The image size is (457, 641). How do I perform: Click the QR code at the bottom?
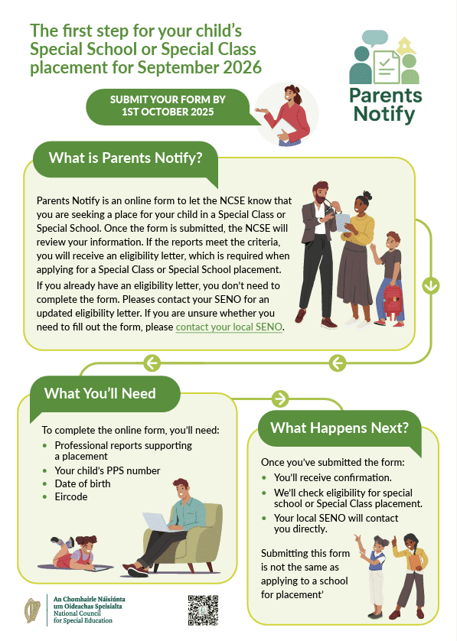click(203, 610)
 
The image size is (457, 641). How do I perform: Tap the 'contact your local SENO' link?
click(229, 327)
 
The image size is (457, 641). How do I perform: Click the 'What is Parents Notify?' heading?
click(126, 158)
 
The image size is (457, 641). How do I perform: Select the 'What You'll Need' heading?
click(100, 393)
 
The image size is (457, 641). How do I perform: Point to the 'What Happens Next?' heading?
click(340, 428)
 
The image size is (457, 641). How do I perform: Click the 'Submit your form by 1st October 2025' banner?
click(168, 106)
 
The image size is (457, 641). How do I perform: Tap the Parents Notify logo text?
click(385, 105)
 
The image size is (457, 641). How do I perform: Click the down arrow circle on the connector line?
click(431, 286)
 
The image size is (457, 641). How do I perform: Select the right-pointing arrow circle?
click(280, 399)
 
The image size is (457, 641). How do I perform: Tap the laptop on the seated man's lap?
click(157, 522)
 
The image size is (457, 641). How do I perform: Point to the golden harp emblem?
click(33, 610)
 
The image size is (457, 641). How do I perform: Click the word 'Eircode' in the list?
click(71, 496)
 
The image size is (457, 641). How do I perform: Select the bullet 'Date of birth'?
click(83, 483)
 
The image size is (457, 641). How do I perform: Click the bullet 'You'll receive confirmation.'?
click(333, 477)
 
